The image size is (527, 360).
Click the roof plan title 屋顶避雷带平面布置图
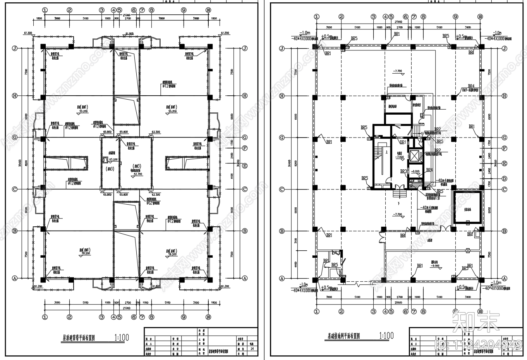tap(79, 338)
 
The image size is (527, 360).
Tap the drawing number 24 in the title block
tap(252, 349)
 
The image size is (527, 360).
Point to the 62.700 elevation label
tap(138, 174)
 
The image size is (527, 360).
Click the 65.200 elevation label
tap(113, 160)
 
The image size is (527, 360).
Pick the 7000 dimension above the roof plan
tap(161, 18)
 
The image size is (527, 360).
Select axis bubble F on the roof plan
tap(245, 148)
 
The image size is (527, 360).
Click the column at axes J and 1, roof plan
tap(43, 47)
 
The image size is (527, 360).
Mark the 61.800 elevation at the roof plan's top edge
tap(129, 34)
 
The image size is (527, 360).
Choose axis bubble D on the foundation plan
tap(504, 179)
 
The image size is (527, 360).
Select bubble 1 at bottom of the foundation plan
tap(317, 311)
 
